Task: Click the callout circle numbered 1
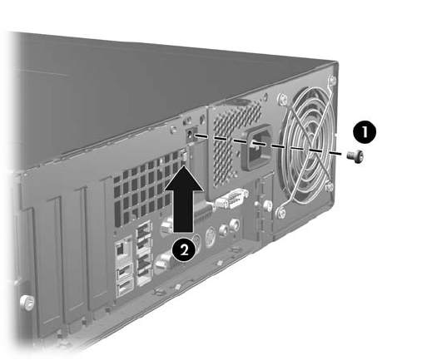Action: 365,131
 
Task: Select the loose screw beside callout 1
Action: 355,156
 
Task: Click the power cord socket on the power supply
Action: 256,148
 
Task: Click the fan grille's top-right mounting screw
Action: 332,81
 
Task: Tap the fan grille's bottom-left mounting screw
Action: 281,212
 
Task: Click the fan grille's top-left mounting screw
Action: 282,99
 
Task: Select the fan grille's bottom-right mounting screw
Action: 330,187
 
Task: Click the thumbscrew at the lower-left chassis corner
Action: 27,303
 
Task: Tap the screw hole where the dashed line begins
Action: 191,135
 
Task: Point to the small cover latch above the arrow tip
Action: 184,155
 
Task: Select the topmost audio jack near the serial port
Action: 235,224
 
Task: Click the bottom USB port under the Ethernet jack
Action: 125,288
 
